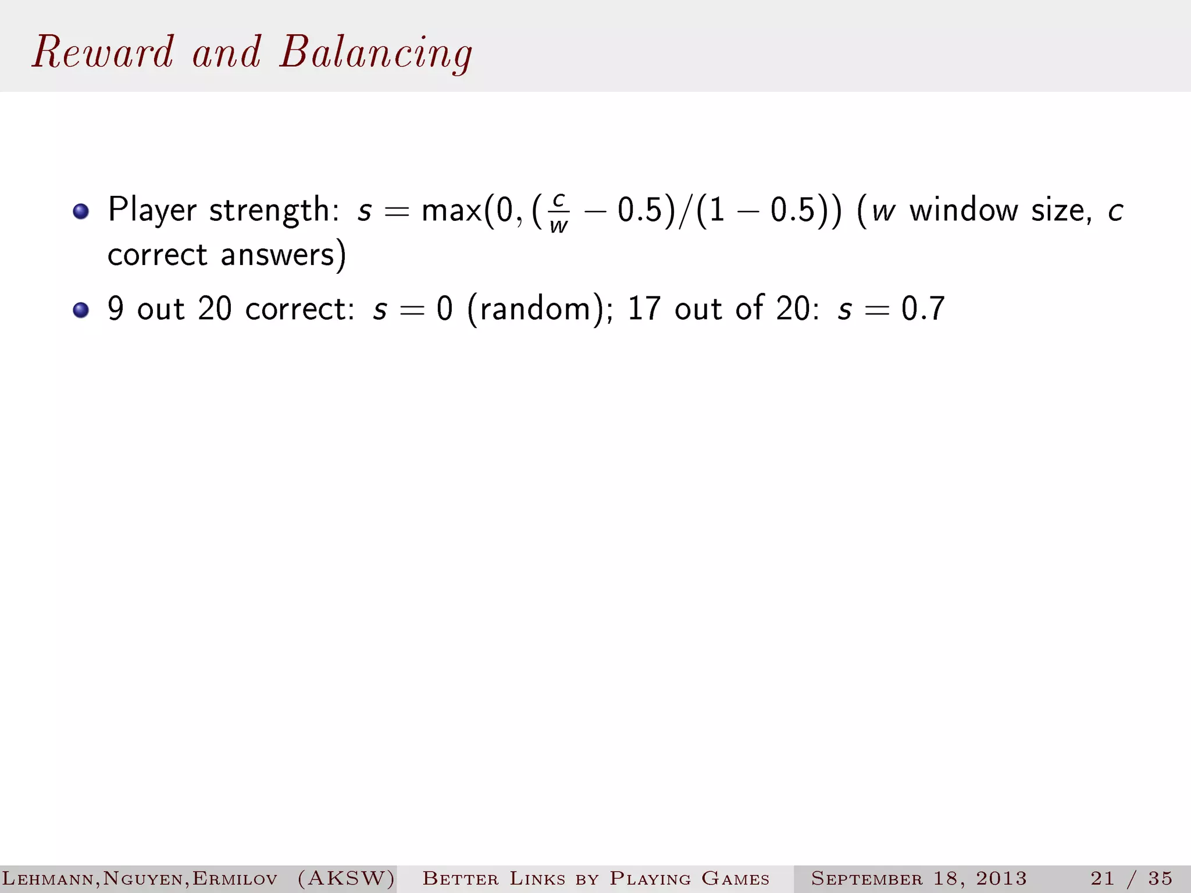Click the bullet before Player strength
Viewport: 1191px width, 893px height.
click(x=81, y=211)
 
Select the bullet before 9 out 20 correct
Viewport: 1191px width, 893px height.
click(x=81, y=310)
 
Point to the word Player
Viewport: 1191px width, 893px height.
click(x=152, y=210)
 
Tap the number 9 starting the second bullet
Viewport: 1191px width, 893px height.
click(x=116, y=309)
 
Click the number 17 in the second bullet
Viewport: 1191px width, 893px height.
click(x=644, y=309)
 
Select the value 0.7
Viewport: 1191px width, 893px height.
click(x=923, y=309)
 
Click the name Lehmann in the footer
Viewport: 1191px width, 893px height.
click(x=49, y=878)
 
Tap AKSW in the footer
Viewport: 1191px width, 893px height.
click(x=346, y=878)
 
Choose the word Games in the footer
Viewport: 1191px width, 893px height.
click(x=735, y=878)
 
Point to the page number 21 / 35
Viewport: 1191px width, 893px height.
click(x=1131, y=878)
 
